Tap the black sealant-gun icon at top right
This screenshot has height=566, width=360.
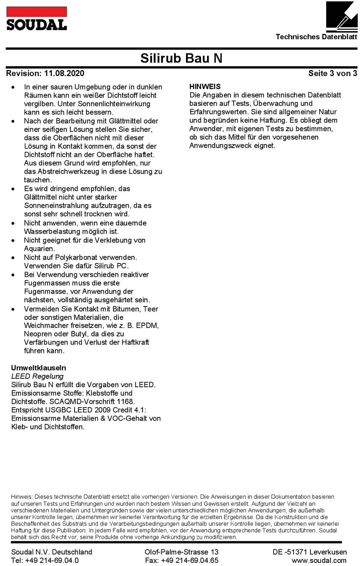(x=342, y=17)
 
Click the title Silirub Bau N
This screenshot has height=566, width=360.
(x=181, y=58)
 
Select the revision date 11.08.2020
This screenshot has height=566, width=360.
(x=64, y=73)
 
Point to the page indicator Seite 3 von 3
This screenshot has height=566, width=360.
(x=332, y=73)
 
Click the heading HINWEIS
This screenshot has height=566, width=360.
(x=205, y=87)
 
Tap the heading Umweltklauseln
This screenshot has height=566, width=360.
(x=38, y=368)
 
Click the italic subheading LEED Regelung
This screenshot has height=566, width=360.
(x=37, y=376)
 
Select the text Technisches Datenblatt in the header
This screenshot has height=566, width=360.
(x=316, y=37)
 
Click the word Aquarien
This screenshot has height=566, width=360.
(x=39, y=249)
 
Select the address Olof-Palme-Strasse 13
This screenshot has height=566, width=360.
(x=181, y=552)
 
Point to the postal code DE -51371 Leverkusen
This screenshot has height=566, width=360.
(x=310, y=552)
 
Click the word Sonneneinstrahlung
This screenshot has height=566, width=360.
(x=56, y=206)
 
